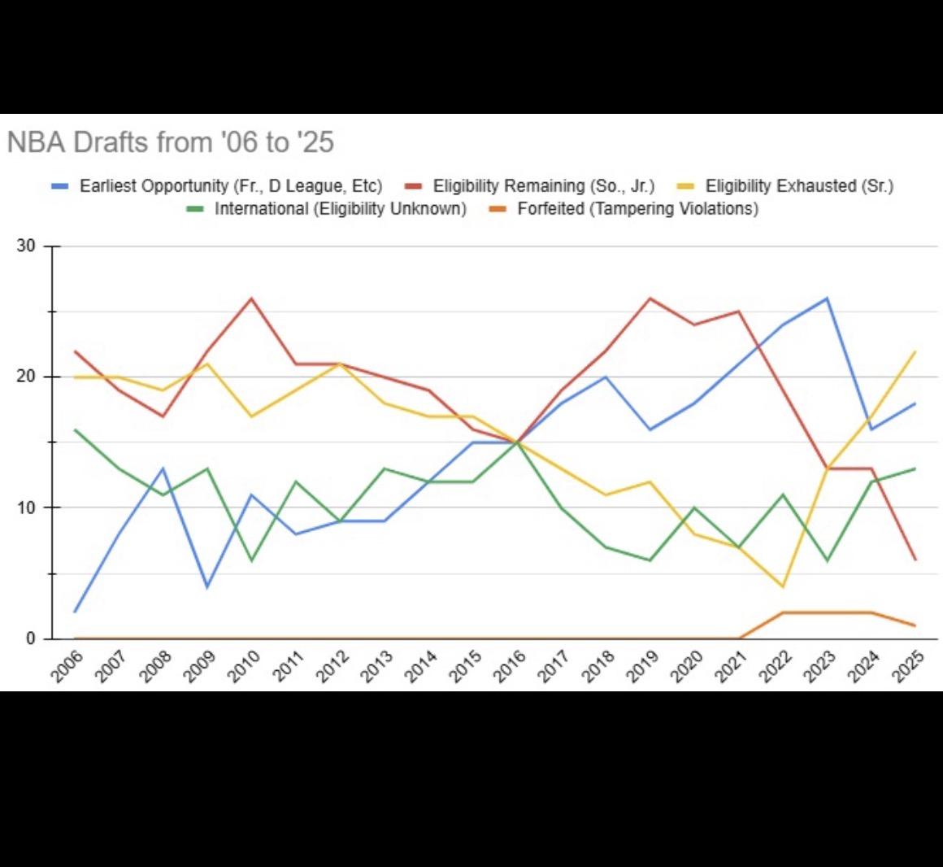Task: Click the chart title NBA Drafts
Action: click(x=170, y=142)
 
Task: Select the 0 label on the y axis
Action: click(x=31, y=639)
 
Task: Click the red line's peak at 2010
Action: click(x=251, y=298)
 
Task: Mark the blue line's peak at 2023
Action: click(x=827, y=298)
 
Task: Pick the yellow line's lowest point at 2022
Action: click(x=783, y=586)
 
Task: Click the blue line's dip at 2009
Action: click(x=207, y=586)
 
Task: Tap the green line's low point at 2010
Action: click(x=251, y=560)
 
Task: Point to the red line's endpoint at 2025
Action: click(x=915, y=560)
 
